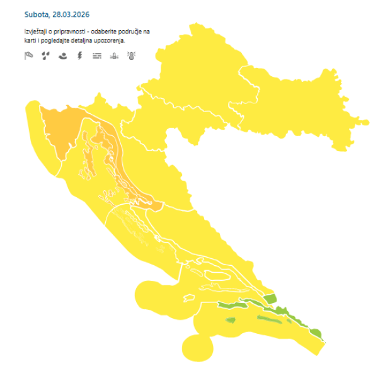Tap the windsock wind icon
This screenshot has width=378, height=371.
pos(28,56)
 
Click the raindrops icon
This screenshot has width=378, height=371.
pos(45,56)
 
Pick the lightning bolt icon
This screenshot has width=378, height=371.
pos(79,56)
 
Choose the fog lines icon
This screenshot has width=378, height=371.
pos(96,56)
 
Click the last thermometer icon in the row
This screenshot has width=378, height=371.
pos(131,56)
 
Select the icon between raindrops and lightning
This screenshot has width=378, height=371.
pos(62,56)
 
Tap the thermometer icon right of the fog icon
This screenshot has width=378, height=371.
pos(114,56)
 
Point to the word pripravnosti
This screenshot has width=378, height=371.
pos(75,31)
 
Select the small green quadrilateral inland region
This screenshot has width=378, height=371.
pos(270,299)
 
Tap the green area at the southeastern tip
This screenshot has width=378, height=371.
pos(316,334)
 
